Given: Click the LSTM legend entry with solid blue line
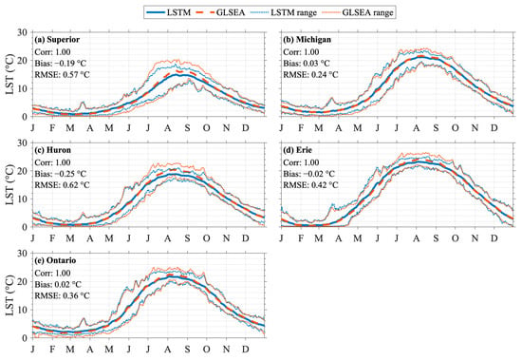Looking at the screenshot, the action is (x=169, y=12).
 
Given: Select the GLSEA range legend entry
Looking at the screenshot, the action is (x=358, y=12).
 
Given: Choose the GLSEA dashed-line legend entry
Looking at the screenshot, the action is (x=221, y=12).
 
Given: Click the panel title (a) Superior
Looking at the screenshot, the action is (x=57, y=40).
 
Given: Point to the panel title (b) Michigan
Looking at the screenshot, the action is (x=307, y=40).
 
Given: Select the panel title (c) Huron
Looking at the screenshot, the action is (x=53, y=150).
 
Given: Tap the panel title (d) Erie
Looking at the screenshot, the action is (x=298, y=150).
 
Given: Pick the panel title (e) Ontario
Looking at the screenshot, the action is (x=55, y=260).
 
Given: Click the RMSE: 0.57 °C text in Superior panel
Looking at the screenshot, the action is (x=63, y=75).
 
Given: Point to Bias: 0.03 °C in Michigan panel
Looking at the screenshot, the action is (x=307, y=64).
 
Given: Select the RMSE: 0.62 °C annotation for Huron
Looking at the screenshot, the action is (x=63, y=184).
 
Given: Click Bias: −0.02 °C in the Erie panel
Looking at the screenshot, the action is (x=309, y=174).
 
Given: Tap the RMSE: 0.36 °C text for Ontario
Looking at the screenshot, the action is (x=63, y=295).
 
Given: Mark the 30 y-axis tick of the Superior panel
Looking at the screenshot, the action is (x=23, y=32).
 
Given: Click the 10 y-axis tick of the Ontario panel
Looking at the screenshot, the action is (x=23, y=310).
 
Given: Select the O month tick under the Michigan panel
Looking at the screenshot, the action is (x=455, y=127).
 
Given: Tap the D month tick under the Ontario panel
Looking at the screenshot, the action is (x=246, y=349).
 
